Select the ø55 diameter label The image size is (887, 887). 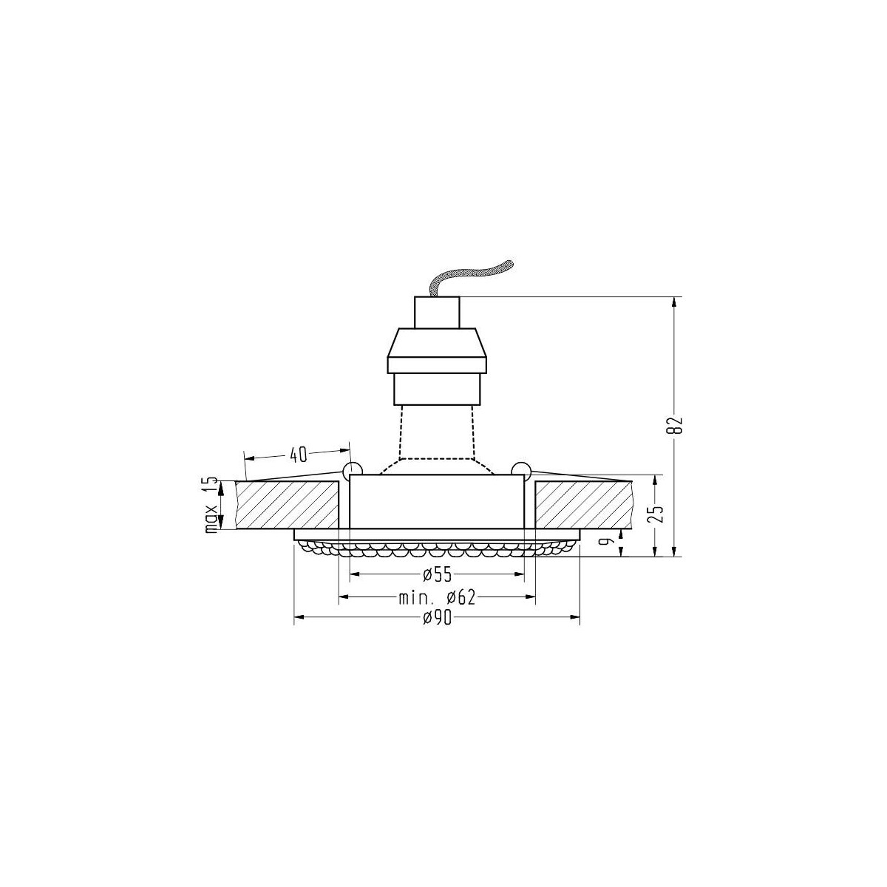pos(437,574)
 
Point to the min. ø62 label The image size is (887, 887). pos(436,597)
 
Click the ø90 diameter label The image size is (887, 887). pos(437,619)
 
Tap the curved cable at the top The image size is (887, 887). pos(473,273)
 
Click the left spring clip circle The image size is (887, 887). pos(352,469)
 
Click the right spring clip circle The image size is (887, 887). pos(521,469)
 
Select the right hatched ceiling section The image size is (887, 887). pos(584,505)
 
